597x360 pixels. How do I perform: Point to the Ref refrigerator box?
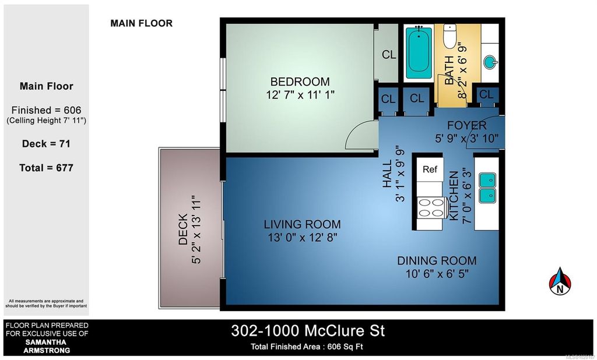click(430, 170)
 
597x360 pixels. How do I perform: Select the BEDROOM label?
click(300, 82)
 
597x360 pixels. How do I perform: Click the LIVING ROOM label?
click(302, 224)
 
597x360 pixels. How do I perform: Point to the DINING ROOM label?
click(437, 261)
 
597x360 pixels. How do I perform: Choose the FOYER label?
click(466, 126)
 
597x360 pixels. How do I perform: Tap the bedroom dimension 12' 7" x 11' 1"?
click(300, 94)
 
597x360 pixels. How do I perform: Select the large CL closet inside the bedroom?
click(389, 55)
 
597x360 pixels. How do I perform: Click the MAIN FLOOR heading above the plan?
click(141, 24)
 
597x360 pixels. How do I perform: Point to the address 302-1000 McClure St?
click(308, 331)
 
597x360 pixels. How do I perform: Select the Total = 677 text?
click(47, 168)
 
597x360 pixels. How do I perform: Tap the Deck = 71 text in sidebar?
click(47, 143)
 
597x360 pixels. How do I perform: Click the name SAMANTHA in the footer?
click(47, 342)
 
